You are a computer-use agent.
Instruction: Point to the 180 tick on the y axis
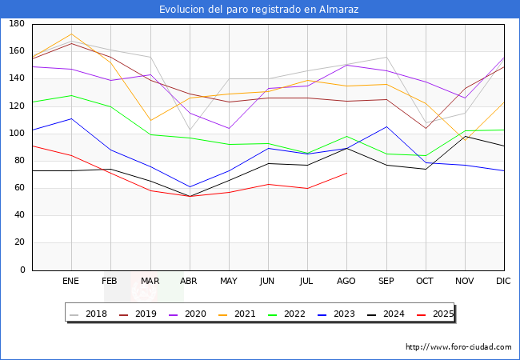click(16, 25)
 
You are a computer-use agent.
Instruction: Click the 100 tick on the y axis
click(16, 134)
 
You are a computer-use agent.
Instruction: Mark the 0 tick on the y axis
click(22, 270)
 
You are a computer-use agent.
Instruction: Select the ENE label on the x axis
click(71, 282)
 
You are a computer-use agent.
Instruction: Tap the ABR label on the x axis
click(190, 282)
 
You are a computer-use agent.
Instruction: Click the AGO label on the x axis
click(346, 282)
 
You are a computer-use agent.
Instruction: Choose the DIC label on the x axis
click(504, 282)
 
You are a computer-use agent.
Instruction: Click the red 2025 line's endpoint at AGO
click(346, 173)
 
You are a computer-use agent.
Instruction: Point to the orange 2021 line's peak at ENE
click(72, 34)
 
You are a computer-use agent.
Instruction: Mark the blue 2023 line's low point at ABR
click(190, 187)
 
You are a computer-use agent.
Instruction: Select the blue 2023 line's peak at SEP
click(386, 126)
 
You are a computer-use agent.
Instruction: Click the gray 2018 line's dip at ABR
click(190, 130)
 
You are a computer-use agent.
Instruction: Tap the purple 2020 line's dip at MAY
click(229, 129)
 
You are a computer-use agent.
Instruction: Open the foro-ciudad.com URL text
click(458, 347)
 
